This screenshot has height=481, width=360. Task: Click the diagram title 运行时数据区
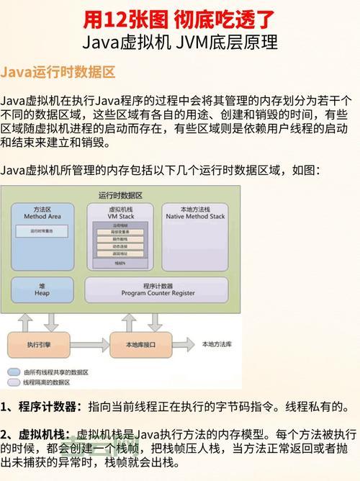click(120, 195)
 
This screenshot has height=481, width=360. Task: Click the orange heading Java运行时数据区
click(58, 73)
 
